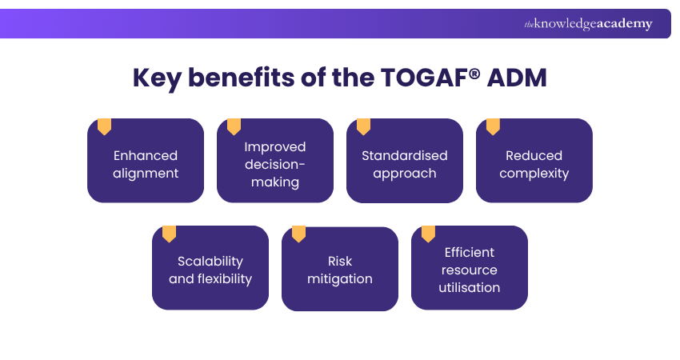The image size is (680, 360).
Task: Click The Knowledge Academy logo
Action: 588,24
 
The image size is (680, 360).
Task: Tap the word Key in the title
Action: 157,78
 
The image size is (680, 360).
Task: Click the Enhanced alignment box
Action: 146,164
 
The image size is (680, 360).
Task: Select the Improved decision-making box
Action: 275,164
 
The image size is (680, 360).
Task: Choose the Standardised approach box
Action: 405,164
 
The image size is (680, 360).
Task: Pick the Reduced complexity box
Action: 534,164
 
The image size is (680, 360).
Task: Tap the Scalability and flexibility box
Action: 210,270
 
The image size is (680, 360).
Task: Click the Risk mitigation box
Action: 340,270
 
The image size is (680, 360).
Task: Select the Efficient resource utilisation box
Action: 470,270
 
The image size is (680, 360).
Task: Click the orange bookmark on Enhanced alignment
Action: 104,126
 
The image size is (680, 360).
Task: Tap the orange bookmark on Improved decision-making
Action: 234,126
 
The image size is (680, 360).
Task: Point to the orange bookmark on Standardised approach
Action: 363,126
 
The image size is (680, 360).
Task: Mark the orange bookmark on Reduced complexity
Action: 493,126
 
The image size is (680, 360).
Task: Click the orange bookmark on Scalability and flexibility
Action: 169,234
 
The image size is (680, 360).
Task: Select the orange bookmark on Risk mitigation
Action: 298,234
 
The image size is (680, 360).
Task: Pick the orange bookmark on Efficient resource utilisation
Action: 428,234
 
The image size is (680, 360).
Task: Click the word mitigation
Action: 340,279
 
